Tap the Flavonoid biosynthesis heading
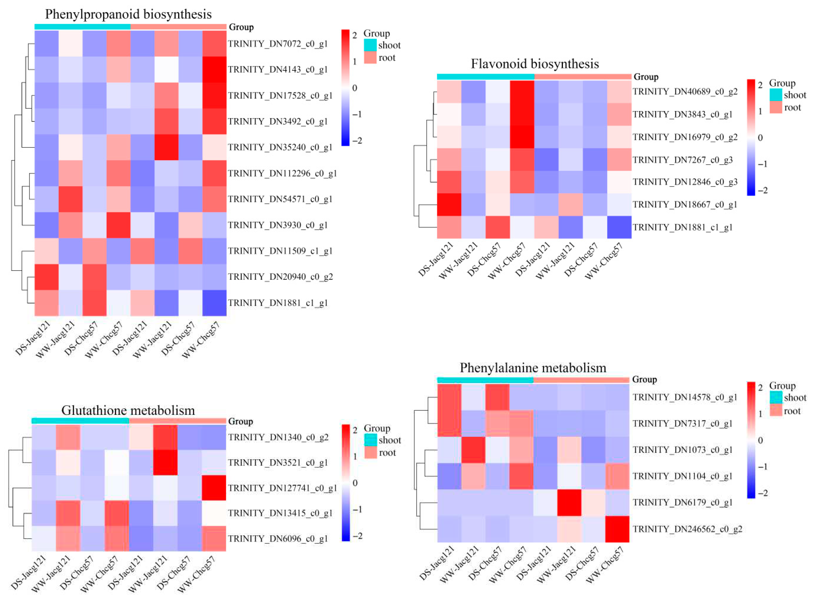pyautogui.click(x=535, y=64)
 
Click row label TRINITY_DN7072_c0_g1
pyautogui.click(x=278, y=44)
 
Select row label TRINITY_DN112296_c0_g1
pyautogui.click(x=282, y=173)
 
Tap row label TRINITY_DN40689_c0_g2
pyautogui.click(x=685, y=92)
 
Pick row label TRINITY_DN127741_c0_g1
pyautogui.click(x=282, y=488)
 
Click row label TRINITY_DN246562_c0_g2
pyautogui.click(x=687, y=529)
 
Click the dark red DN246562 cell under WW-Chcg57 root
pyautogui.click(x=617, y=529)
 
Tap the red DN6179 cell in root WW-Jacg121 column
pyautogui.click(x=569, y=502)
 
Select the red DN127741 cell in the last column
pyautogui.click(x=214, y=488)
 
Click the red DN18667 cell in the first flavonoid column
pyautogui.click(x=449, y=204)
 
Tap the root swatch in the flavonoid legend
pyautogui.click(x=776, y=108)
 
